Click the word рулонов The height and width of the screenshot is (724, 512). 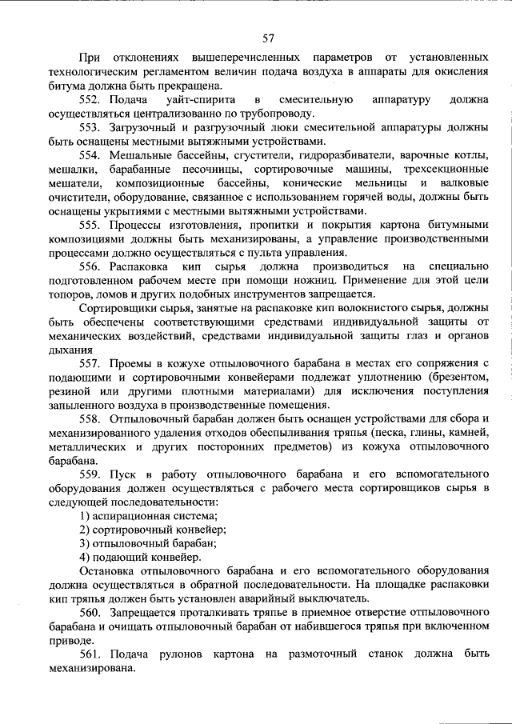pyautogui.click(x=182, y=654)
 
